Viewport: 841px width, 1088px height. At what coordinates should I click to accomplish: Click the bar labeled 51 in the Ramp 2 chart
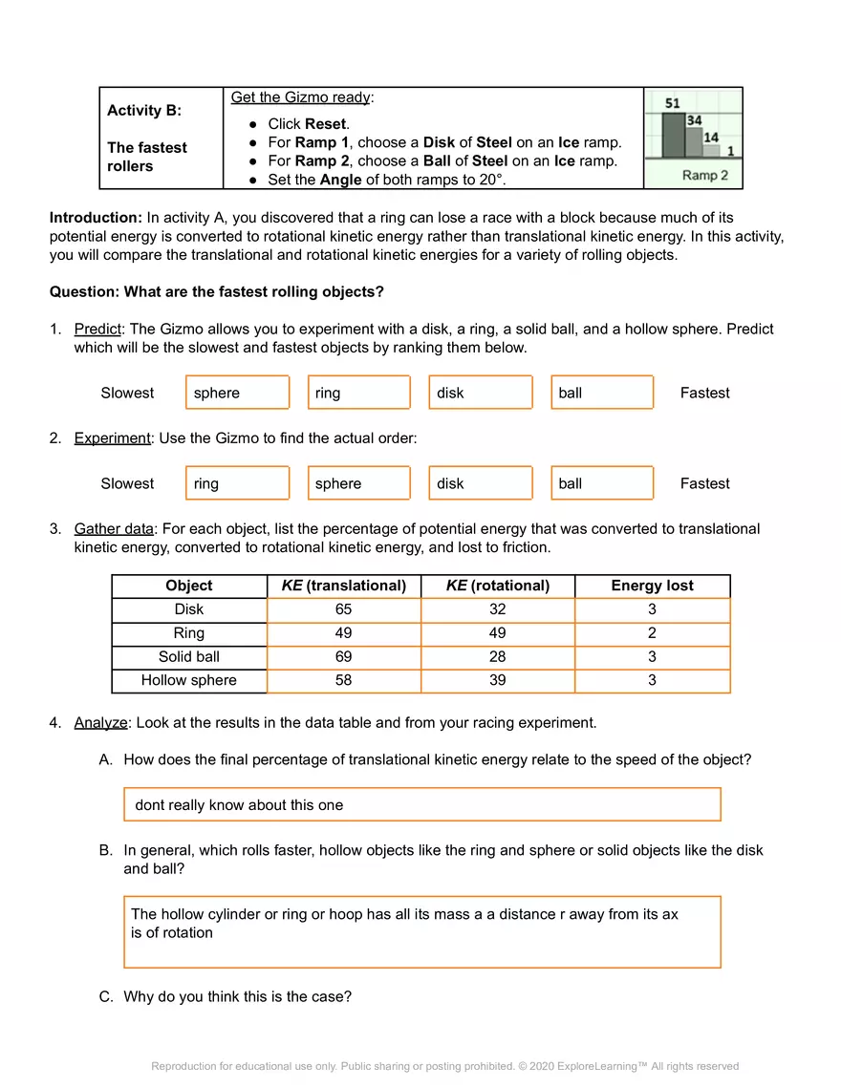[x=673, y=136]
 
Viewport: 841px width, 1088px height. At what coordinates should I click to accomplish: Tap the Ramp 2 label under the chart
[x=705, y=175]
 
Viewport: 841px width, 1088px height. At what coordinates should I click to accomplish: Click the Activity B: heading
[x=144, y=110]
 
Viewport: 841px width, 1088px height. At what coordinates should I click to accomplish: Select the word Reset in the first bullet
[x=326, y=123]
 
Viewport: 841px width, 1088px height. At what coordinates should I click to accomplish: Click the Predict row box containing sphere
[x=237, y=393]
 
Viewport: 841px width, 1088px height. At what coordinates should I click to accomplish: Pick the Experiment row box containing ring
[x=237, y=483]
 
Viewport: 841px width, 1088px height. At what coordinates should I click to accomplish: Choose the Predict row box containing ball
[x=602, y=393]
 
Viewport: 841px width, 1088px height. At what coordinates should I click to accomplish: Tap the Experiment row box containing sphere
[x=358, y=483]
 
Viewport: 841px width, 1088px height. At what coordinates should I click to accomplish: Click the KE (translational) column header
[x=343, y=586]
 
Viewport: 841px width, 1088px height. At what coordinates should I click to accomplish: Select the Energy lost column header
[x=652, y=586]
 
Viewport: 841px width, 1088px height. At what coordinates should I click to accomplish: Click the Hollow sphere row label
[x=188, y=680]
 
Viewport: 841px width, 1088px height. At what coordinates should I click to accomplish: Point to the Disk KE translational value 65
[x=343, y=609]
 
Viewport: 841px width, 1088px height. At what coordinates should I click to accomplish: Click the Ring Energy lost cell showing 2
[x=652, y=633]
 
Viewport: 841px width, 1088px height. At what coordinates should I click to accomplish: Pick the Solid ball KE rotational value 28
[x=497, y=657]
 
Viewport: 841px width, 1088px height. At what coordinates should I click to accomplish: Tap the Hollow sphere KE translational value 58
[x=343, y=680]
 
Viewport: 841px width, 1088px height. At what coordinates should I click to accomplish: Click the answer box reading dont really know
[x=421, y=804]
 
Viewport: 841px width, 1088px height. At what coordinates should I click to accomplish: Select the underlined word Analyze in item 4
[x=100, y=723]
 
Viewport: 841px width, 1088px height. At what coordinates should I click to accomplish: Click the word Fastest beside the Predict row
[x=704, y=393]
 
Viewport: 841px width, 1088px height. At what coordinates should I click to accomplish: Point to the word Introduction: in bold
[x=96, y=219]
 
